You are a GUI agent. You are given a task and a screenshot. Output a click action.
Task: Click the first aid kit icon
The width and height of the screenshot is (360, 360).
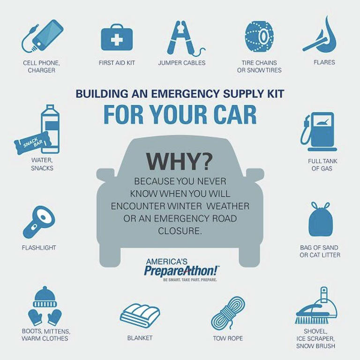coord(117,37)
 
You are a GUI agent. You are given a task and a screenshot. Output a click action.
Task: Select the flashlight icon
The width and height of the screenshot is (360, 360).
coord(39,222)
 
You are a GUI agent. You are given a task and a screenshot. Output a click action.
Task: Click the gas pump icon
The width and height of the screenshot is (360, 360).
coord(318,132)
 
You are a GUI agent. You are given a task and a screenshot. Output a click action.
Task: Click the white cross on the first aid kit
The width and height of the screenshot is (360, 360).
coord(117,40)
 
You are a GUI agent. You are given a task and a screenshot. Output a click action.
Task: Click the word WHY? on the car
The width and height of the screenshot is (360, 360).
coord(180,161)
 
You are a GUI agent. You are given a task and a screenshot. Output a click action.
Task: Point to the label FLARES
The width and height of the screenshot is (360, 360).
coord(324,62)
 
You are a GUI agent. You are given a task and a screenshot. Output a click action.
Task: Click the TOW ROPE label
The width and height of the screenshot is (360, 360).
coord(228,338)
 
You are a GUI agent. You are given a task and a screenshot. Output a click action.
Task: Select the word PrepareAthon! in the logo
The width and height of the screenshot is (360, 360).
coord(181,271)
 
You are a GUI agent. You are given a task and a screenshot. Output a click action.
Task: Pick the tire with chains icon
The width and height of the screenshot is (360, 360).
coord(259,36)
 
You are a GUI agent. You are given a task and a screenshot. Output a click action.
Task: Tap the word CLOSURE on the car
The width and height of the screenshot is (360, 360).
coord(180,231)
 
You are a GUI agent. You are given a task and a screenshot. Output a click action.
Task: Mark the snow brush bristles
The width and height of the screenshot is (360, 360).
coord(312,320)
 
